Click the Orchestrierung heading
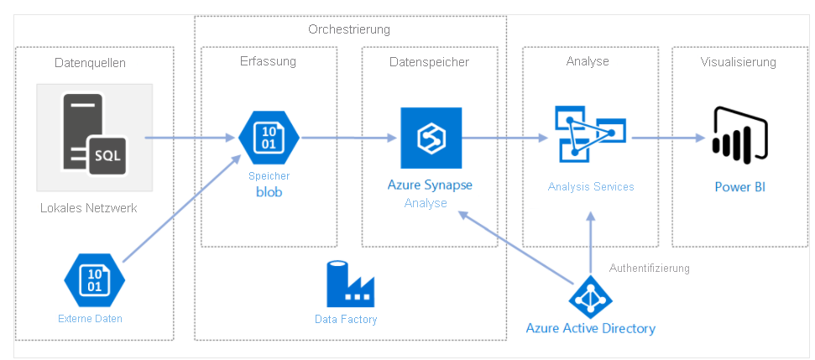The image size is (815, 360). [x=349, y=29]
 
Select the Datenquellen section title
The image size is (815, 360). [x=91, y=63]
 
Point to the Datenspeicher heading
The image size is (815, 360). [x=429, y=61]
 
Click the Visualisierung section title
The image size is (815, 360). [x=738, y=61]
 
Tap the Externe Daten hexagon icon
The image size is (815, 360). [x=94, y=281]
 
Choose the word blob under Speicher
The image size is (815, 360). [x=269, y=191]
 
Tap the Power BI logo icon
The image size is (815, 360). [x=738, y=134]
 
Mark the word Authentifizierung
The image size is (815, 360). [x=649, y=269]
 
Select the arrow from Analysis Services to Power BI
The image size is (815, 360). [x=665, y=138]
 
